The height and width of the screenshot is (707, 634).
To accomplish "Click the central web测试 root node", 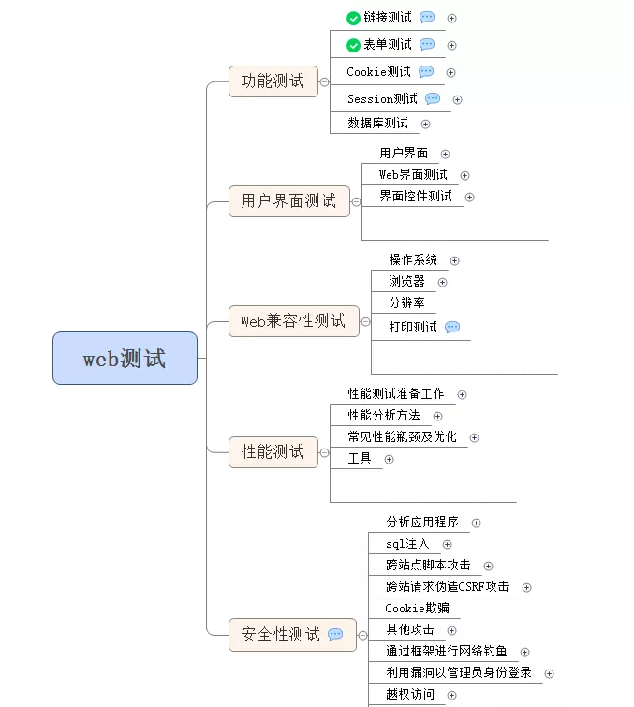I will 125,358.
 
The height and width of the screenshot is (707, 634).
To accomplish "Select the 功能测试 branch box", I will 273,81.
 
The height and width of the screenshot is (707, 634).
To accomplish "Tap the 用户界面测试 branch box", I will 288,200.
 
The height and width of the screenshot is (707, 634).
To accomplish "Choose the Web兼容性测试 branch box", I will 293,321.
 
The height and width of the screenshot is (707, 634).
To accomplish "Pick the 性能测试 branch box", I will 273,452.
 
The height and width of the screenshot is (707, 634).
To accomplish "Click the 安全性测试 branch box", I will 281,635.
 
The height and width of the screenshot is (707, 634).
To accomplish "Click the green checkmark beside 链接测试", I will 353,18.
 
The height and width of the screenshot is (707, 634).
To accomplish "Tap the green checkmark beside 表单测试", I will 353,45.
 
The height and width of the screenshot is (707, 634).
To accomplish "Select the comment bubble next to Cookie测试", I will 426,72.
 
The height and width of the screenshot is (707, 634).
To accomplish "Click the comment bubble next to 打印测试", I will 452,327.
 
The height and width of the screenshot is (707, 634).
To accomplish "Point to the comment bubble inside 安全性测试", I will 335,635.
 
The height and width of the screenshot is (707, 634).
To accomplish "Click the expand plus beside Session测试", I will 457,99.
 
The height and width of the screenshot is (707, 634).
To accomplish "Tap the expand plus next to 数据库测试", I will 426,124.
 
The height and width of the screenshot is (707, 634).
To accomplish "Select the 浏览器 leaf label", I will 406,281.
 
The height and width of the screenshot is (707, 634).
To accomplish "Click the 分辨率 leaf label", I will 406,302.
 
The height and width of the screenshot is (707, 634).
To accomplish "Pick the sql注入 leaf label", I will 407,544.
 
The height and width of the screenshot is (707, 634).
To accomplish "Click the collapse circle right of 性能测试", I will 325,452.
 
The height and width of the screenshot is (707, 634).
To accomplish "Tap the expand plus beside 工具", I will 389,459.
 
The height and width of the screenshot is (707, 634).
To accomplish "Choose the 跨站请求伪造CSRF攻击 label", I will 448,587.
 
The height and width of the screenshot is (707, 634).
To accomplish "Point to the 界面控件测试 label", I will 416,197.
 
